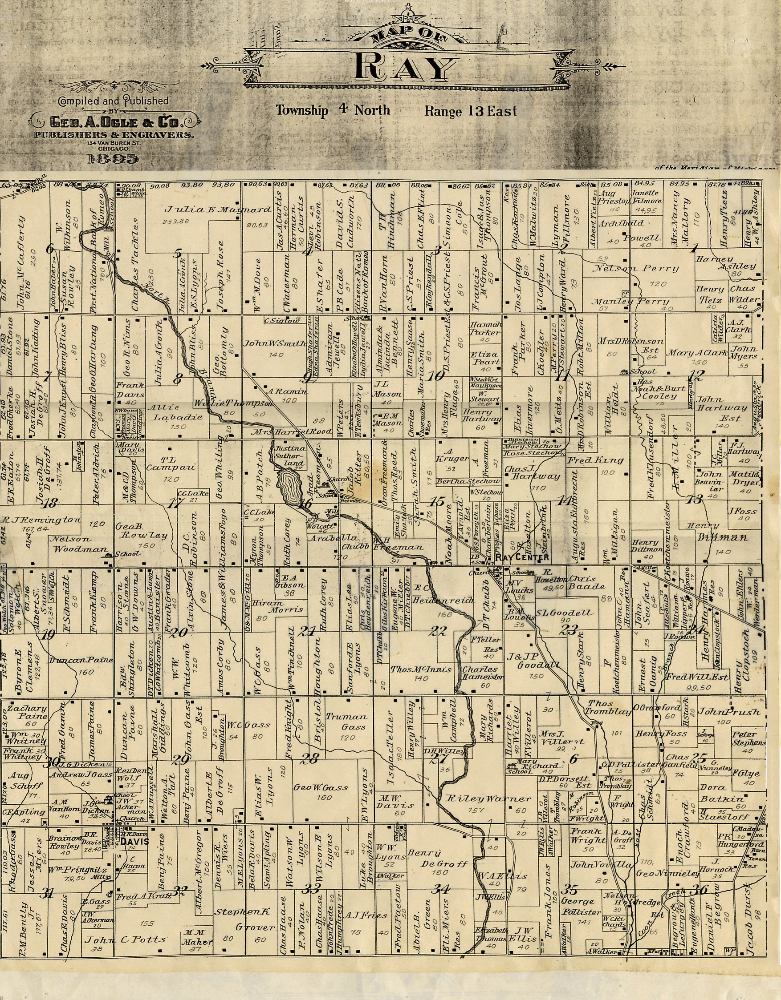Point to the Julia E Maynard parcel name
218,210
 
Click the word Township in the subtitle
302,110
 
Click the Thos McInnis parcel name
421,669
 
